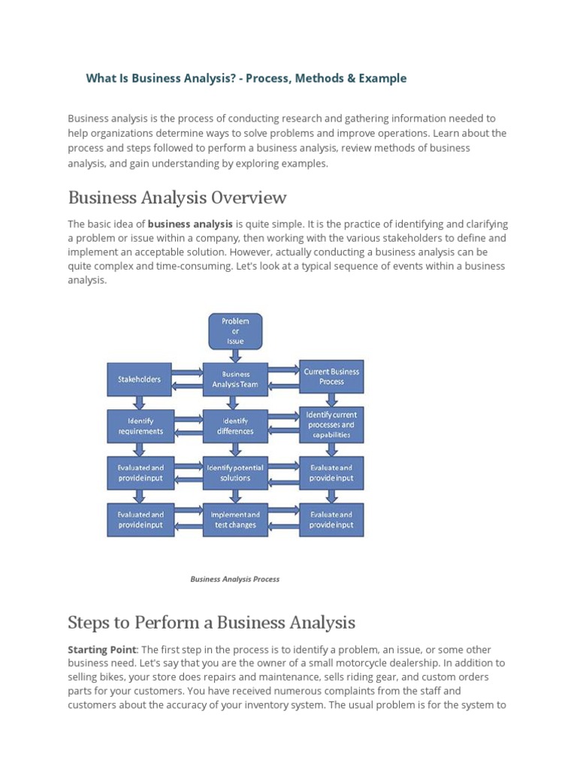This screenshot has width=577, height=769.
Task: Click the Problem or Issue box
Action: (x=235, y=330)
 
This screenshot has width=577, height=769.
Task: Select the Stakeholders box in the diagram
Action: (x=139, y=379)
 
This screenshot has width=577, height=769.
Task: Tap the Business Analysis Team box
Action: (x=236, y=379)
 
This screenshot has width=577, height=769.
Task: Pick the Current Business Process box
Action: (x=331, y=376)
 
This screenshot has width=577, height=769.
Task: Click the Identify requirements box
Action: (x=140, y=426)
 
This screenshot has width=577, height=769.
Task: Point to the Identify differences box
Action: (x=236, y=426)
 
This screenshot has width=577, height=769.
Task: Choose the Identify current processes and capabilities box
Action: (x=331, y=424)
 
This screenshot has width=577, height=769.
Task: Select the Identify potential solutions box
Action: (x=236, y=472)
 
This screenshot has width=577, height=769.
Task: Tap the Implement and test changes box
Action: (x=236, y=520)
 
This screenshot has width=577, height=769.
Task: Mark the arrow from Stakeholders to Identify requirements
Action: (x=139, y=402)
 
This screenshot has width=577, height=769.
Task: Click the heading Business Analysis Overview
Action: (x=177, y=198)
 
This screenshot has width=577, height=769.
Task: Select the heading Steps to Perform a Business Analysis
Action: (x=211, y=622)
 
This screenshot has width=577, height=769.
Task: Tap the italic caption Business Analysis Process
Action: (x=234, y=579)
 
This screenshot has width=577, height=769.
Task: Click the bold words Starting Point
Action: (x=102, y=649)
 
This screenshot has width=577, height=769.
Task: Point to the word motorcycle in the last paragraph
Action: (x=379, y=662)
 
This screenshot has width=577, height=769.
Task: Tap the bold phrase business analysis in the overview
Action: (x=190, y=224)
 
